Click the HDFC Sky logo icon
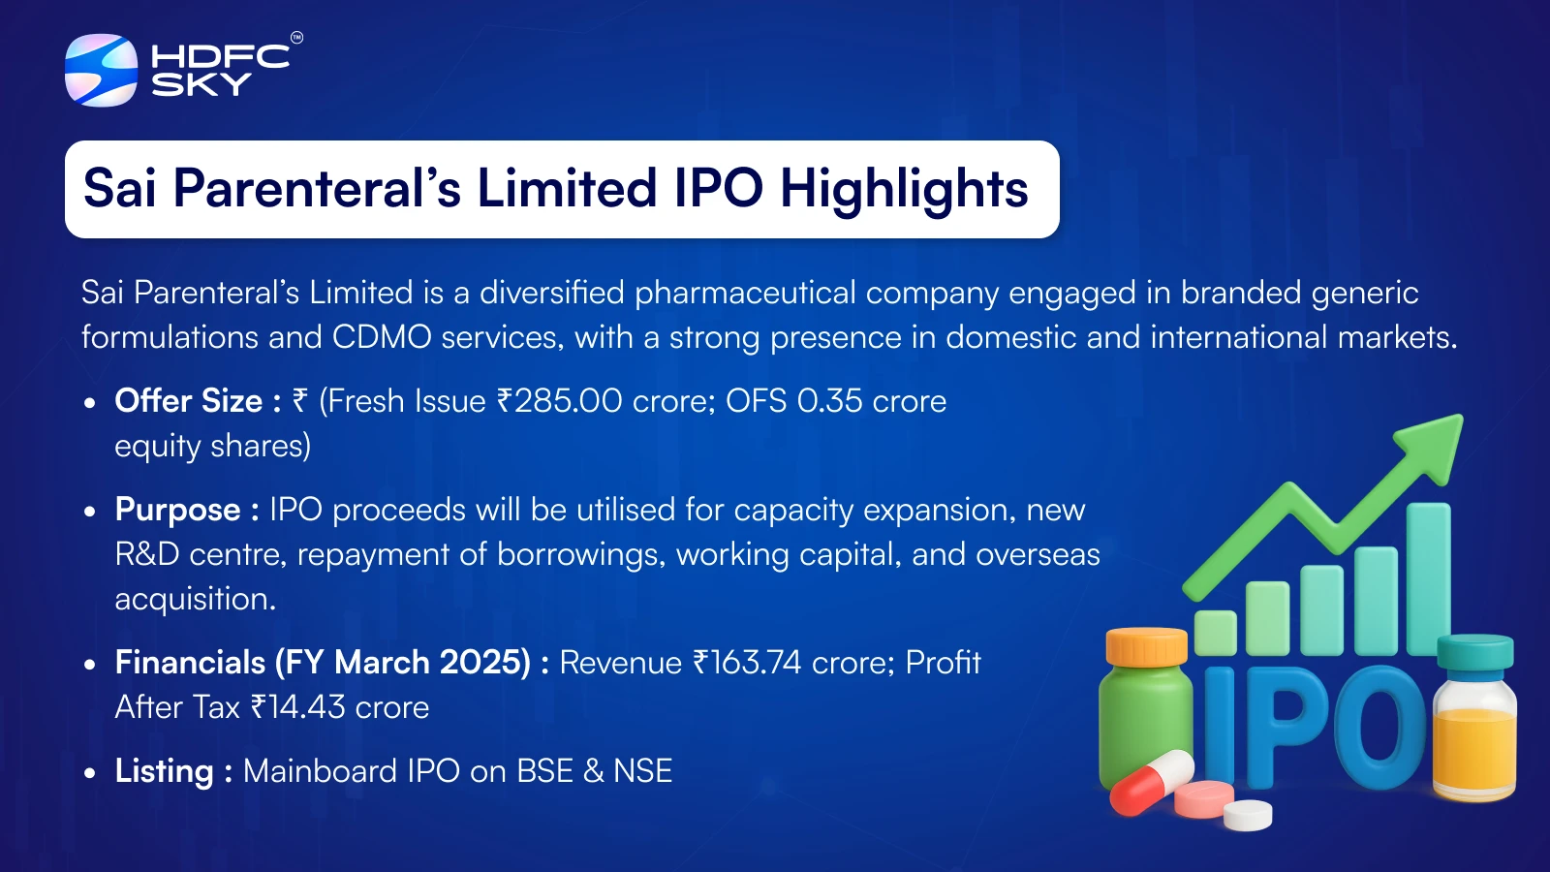click(x=101, y=70)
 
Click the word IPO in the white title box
click(x=718, y=188)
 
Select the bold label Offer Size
click(x=189, y=401)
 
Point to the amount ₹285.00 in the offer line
click(x=559, y=401)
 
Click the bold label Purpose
click(x=178, y=511)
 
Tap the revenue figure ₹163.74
click(x=747, y=663)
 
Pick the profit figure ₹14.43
click(x=297, y=707)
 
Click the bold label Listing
click(x=164, y=771)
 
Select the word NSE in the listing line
click(x=643, y=771)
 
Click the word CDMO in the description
click(x=382, y=338)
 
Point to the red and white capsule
click(x=1152, y=782)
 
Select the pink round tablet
click(x=1204, y=799)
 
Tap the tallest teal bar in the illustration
click(x=1428, y=578)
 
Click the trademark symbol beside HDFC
click(x=296, y=38)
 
